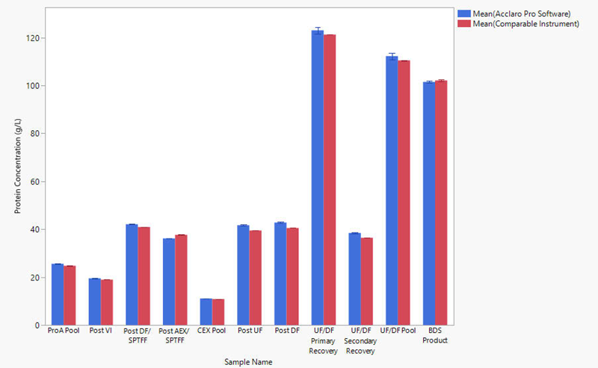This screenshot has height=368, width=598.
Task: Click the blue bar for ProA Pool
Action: tap(57, 295)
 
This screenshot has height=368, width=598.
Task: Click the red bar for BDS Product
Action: tap(441, 203)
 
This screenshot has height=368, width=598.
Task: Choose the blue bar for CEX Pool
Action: tap(206, 312)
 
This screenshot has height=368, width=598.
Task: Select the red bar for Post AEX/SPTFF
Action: tap(181, 280)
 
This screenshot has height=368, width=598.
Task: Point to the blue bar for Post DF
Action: tap(280, 274)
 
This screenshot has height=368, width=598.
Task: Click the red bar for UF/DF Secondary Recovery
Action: tap(367, 281)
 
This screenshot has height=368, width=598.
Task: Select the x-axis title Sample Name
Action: tap(248, 362)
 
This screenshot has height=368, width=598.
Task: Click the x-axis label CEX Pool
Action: tap(212, 331)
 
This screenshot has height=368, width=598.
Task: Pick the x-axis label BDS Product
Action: tap(435, 335)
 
